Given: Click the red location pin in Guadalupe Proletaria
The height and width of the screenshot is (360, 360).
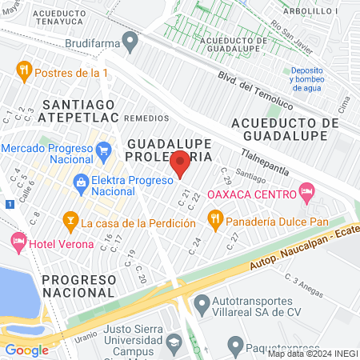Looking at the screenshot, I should coord(181,163).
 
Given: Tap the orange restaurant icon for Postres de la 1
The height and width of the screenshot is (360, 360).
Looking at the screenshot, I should coord(25,71).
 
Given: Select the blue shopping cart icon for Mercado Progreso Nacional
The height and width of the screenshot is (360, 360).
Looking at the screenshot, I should coord(102,150).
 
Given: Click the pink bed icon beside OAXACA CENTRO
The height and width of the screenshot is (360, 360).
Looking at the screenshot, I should coord(305,190).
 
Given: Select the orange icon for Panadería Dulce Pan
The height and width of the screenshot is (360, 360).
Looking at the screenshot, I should coord(214,218).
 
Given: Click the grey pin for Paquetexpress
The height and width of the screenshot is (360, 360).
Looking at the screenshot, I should coord(234,346).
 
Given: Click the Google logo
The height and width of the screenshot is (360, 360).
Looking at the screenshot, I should coord(27,350).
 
